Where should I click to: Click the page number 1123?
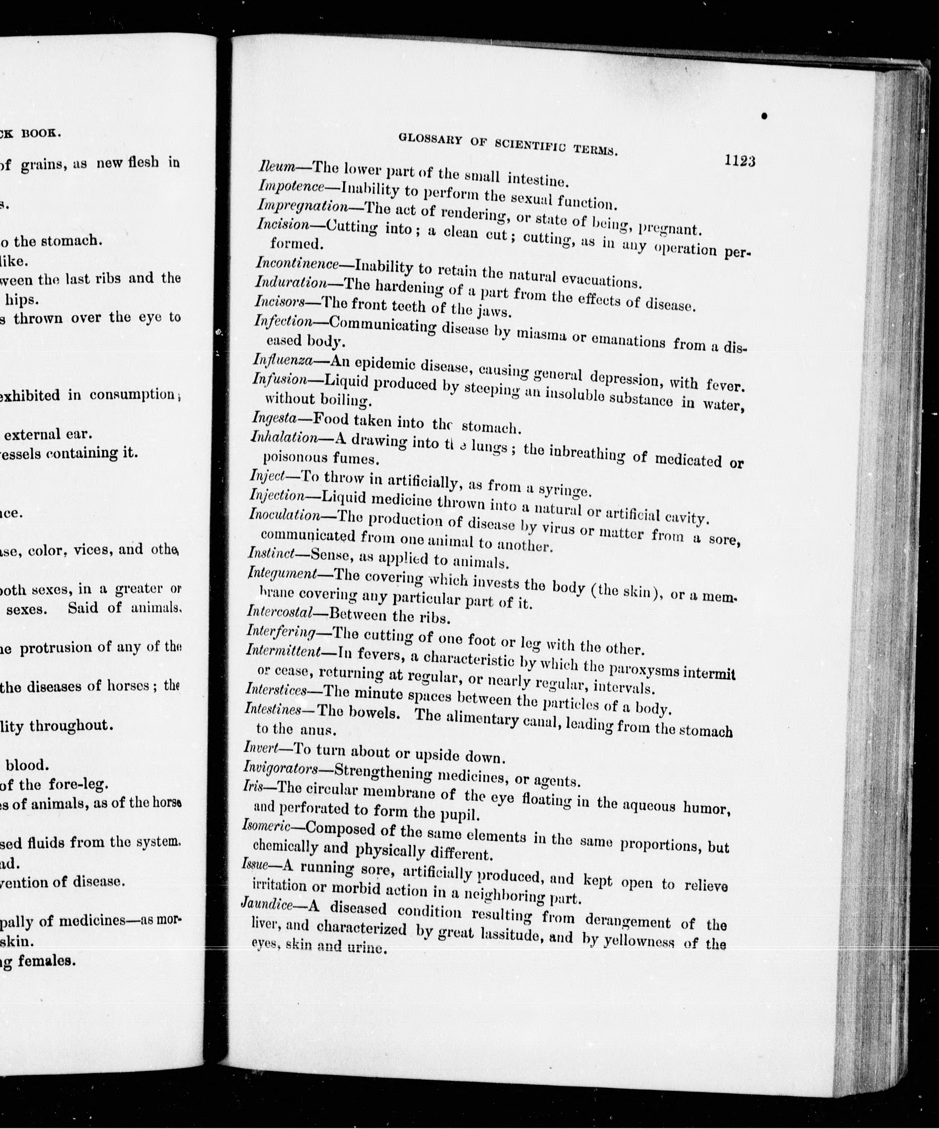(739, 161)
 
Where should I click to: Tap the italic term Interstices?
(276, 689)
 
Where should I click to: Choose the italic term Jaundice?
(267, 905)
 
